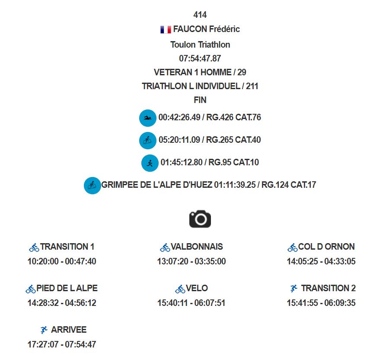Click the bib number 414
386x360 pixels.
tap(200, 15)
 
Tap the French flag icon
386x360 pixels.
tap(166, 29)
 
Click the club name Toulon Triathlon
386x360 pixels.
tap(200, 45)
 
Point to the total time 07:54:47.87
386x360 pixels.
tap(200, 58)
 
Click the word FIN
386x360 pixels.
tap(200, 100)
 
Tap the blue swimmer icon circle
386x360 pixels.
tap(148, 118)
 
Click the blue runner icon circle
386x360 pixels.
tap(150, 163)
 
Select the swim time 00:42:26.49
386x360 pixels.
tap(179, 117)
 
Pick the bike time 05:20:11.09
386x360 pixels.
tap(179, 140)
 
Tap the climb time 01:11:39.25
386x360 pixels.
tap(235, 185)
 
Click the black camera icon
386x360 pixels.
tap(200, 219)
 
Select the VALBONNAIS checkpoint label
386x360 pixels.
tap(197, 247)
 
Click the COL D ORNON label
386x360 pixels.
tap(326, 247)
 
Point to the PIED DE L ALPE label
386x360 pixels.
tap(67, 288)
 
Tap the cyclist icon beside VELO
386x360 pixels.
tap(180, 289)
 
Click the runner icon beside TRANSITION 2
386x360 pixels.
tap(293, 288)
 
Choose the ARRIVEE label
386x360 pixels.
tap(69, 330)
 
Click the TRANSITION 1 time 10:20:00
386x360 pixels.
tap(43, 261)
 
